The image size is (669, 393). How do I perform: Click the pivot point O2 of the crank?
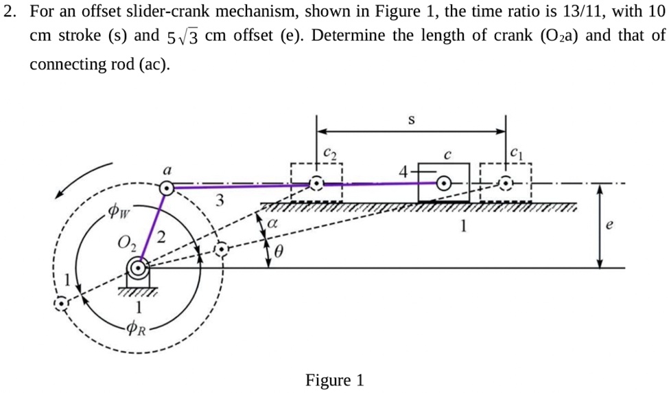coord(140,267)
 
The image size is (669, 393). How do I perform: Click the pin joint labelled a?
coord(165,187)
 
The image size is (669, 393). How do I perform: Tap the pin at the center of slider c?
coord(444,183)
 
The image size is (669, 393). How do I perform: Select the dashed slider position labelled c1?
coord(506,183)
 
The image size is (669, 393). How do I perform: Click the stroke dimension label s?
coord(412,120)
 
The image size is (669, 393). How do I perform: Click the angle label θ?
coord(279,253)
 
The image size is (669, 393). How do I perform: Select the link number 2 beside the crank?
coord(161,238)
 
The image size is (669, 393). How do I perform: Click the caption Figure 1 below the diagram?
coord(334,380)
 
